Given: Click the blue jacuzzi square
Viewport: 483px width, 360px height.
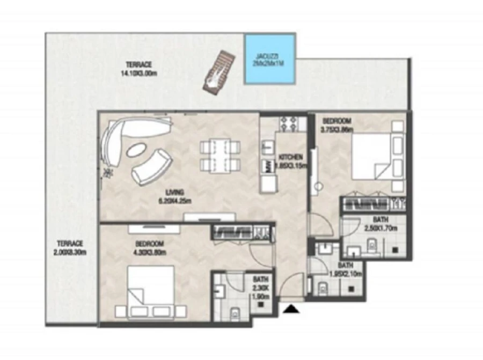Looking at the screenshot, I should [x=270, y=59].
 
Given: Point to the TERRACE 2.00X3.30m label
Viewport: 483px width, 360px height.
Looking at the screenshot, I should [x=70, y=247].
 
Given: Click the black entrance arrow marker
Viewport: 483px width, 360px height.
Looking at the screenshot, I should [x=291, y=308].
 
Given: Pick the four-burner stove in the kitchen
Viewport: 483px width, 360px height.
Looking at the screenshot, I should [x=290, y=124].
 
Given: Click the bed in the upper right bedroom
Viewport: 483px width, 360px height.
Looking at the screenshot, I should [x=371, y=156].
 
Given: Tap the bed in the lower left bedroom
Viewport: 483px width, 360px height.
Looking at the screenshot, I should [x=151, y=285].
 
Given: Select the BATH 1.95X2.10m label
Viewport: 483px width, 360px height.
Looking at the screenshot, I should [x=346, y=270].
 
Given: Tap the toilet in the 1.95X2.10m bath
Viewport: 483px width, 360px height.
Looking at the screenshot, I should [x=323, y=288].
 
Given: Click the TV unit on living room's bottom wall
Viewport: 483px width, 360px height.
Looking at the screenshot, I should [x=209, y=217].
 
